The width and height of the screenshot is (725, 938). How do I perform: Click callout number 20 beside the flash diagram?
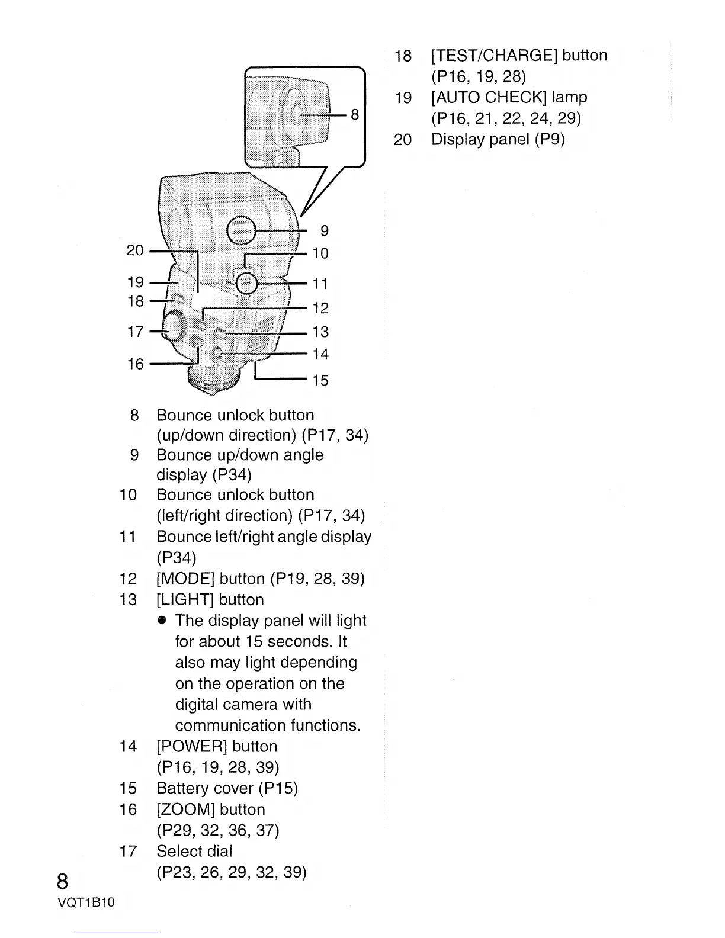pos(135,250)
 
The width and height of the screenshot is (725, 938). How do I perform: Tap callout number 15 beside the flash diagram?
pos(320,380)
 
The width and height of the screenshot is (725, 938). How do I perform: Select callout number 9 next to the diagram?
pos(324,230)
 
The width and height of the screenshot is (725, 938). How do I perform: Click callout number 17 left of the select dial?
pos(135,331)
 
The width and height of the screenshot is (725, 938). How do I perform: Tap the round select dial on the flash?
pos(173,327)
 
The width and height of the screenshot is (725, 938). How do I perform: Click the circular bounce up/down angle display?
pos(242,230)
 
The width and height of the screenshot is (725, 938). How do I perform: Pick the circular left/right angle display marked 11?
pos(246,284)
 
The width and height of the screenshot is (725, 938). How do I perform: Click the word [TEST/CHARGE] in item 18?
pos(495,56)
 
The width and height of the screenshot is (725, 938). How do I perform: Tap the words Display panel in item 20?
pos(480,140)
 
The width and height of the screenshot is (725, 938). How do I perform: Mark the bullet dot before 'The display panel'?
pos(162,621)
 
